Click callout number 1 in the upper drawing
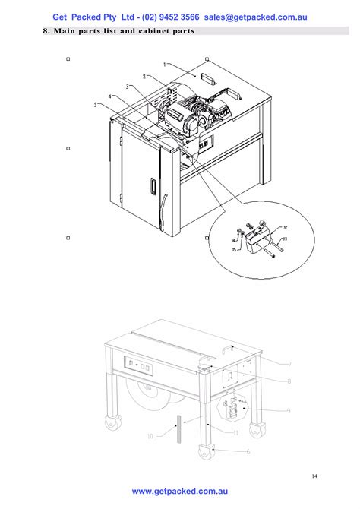coord(164,65)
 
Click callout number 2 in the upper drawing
coord(144,77)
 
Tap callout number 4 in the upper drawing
coord(111,96)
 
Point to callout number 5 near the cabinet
coord(96,105)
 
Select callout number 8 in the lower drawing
coord(289,382)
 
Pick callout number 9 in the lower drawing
coord(289,411)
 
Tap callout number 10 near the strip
coord(150,436)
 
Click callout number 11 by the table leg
coord(236,432)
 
